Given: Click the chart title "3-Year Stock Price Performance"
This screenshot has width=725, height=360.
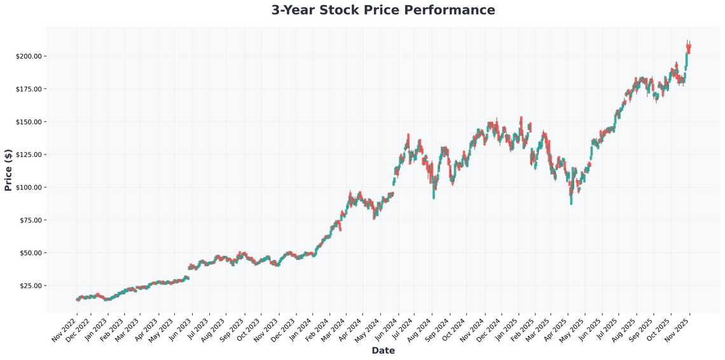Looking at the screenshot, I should (383, 10).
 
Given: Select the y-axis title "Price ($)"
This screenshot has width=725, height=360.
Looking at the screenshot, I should (8, 170).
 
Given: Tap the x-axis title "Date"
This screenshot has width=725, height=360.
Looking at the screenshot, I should (383, 350).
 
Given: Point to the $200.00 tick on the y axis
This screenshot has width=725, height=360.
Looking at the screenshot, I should (29, 56).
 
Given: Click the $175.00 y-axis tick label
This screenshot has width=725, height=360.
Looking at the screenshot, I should (29, 89).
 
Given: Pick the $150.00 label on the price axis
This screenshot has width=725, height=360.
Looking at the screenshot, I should (29, 121).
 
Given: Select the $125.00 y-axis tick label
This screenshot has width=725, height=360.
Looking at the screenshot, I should (29, 155).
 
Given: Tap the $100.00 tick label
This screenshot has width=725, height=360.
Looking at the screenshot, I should (29, 188).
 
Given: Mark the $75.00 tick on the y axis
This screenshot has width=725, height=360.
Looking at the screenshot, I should (30, 220).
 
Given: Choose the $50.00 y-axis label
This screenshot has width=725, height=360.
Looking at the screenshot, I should (30, 253).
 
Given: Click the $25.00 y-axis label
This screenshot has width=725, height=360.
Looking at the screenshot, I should (30, 286).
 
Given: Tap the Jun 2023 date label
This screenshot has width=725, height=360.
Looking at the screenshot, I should (180, 328).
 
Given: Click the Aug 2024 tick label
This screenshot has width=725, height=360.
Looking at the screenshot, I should (420, 328).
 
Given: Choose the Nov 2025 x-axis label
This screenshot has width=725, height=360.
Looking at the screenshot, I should (679, 328).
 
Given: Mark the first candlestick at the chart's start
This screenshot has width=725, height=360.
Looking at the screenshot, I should (77, 299).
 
